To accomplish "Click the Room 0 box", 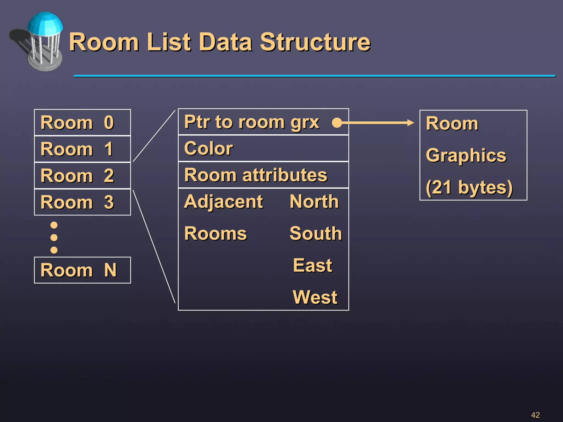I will (x=82, y=123).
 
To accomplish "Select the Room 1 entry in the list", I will (x=82, y=149).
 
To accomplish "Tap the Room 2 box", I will (x=82, y=176).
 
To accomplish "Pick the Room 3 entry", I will (x=82, y=202).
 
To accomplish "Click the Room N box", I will (x=82, y=270).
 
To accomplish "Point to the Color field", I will (x=263, y=148).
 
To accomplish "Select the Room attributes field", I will (x=263, y=175).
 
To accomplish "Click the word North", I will (x=314, y=202).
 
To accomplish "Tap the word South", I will (x=316, y=234).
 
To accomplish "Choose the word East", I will (x=313, y=265).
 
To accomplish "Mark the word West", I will (x=315, y=297).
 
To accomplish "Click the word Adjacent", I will (x=223, y=202).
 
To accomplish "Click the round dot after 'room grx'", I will (x=337, y=123).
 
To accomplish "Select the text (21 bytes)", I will (x=469, y=188).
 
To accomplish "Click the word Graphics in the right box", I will (x=466, y=156).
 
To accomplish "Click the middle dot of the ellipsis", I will (x=54, y=237).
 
